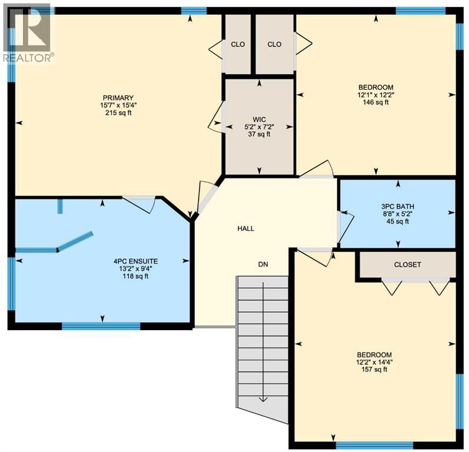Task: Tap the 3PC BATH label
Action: [x=398, y=206]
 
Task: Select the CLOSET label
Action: [x=407, y=264]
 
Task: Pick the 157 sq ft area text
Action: [x=374, y=370]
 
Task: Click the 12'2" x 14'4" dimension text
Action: [x=374, y=362]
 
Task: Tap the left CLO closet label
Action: [x=238, y=44]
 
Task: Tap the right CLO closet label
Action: [x=274, y=44]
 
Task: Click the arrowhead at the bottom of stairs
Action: [x=262, y=398]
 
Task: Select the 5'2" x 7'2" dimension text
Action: [x=260, y=126]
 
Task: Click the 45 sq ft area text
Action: [x=398, y=221]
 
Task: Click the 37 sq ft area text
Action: [x=260, y=134]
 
